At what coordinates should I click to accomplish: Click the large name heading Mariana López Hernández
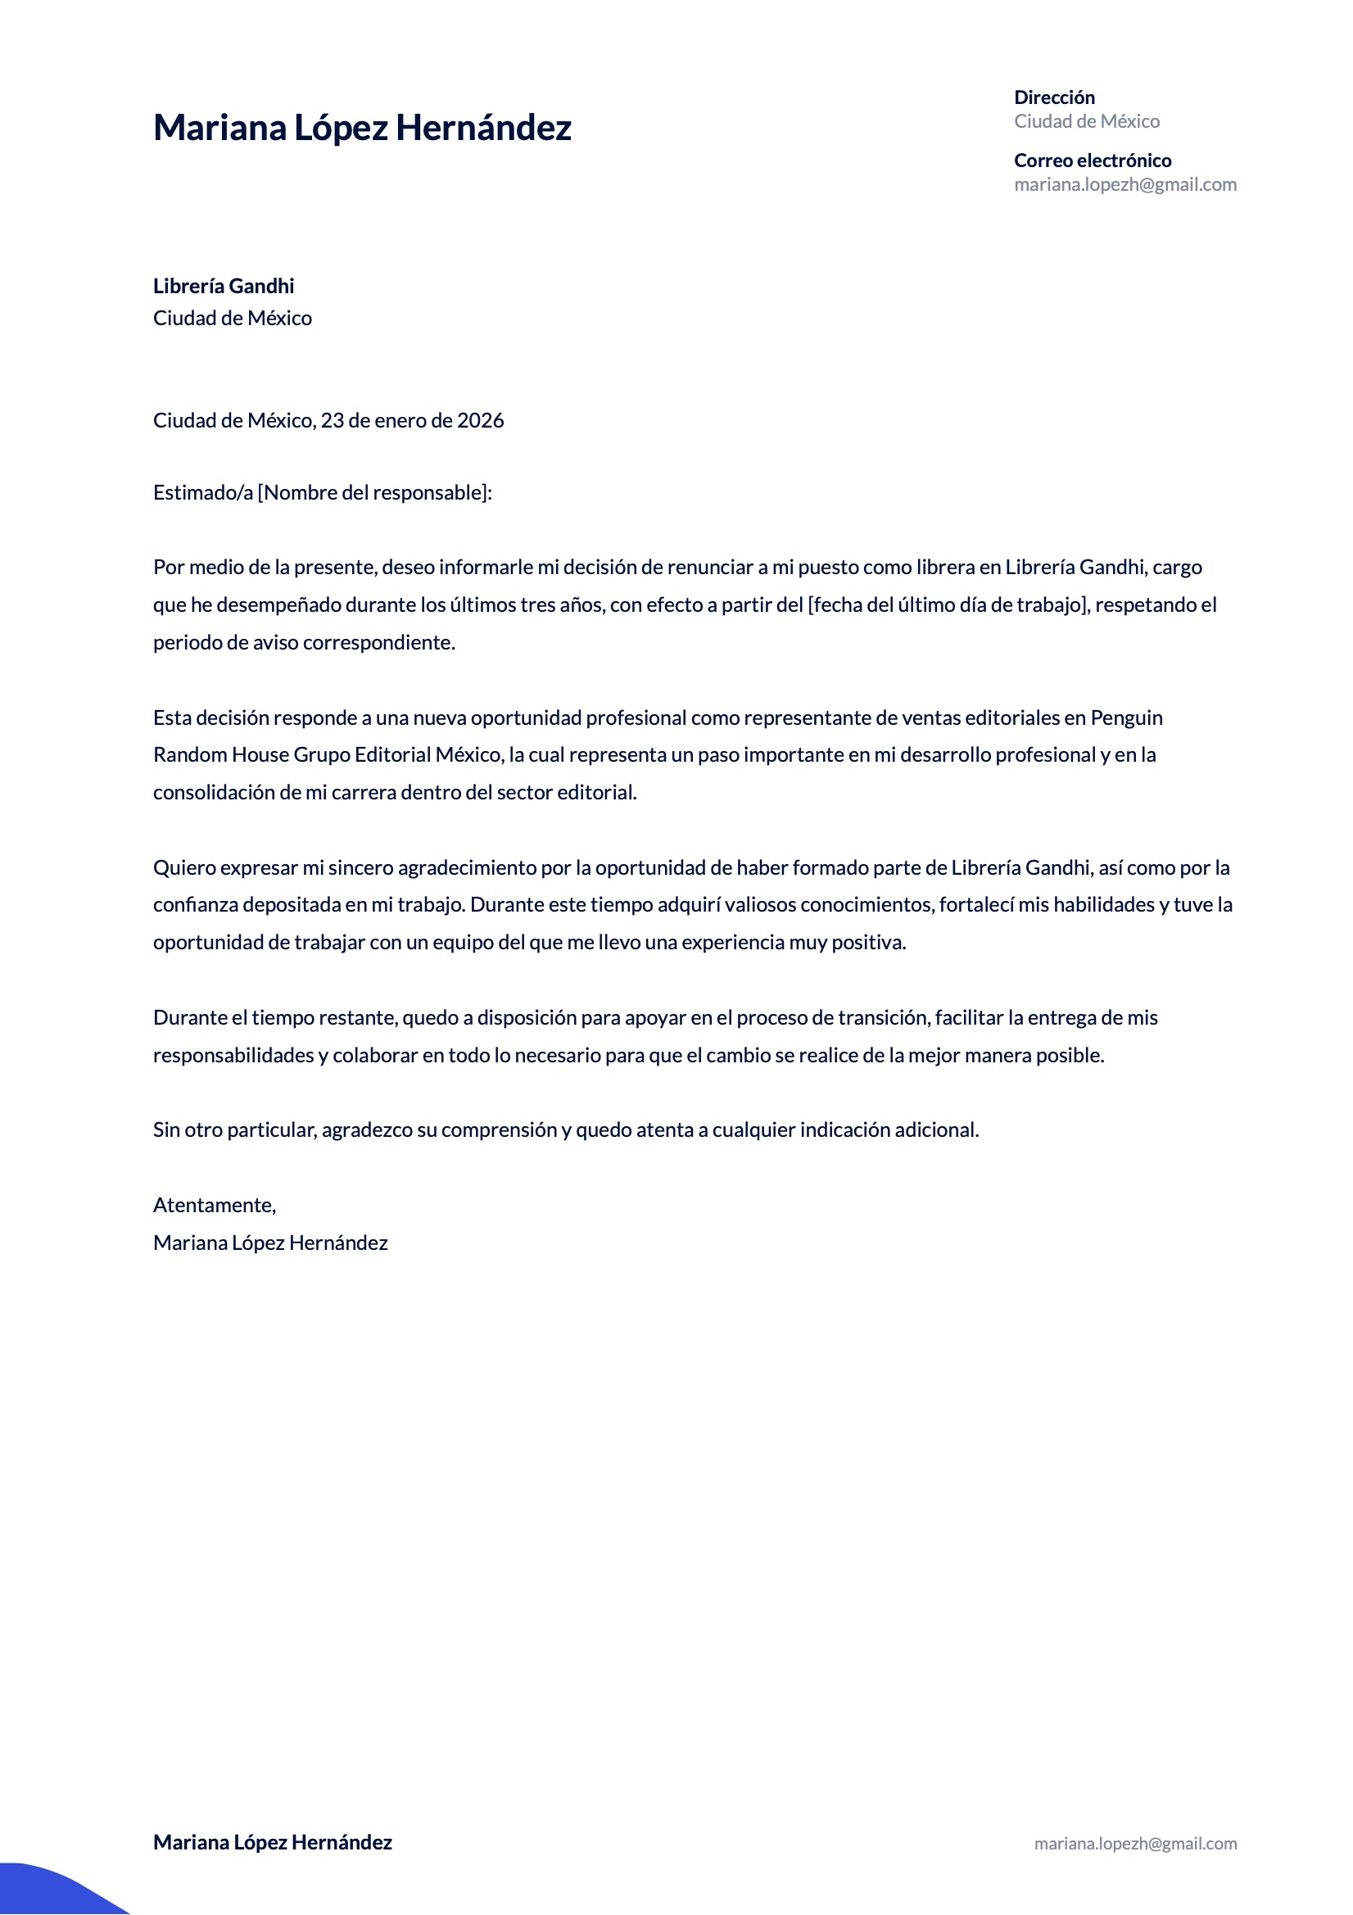(362, 128)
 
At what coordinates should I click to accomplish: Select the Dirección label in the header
(1053, 97)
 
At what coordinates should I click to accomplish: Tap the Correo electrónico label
(1092, 161)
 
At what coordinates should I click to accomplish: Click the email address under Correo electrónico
(1124, 184)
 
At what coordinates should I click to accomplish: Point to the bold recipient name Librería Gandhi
(224, 286)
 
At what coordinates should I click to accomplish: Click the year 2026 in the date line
(481, 420)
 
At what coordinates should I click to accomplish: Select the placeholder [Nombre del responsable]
(372, 493)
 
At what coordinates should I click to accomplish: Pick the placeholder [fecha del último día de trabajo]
(948, 604)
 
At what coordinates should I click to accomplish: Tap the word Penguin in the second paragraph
(1126, 718)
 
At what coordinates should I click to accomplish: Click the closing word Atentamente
(214, 1205)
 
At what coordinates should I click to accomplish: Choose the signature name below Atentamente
(270, 1243)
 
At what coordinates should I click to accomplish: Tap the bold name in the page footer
(272, 1842)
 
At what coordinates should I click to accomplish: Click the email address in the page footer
(1135, 1844)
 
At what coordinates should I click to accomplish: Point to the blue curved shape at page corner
(50, 1891)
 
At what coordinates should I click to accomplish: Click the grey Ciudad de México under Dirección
(1086, 122)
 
